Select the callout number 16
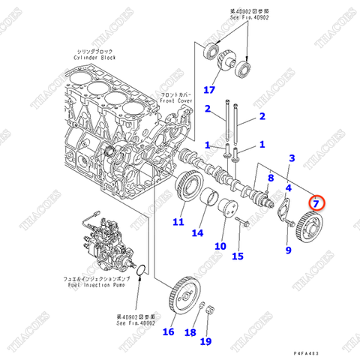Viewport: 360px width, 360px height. [x=168, y=332]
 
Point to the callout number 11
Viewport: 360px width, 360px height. [x=178, y=221]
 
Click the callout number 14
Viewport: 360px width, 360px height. [x=197, y=233]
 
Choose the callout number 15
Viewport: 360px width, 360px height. [x=238, y=256]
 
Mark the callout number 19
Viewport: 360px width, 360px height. [x=205, y=341]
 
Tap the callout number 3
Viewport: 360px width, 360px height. [x=292, y=160]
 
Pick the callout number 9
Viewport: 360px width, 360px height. [x=287, y=250]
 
